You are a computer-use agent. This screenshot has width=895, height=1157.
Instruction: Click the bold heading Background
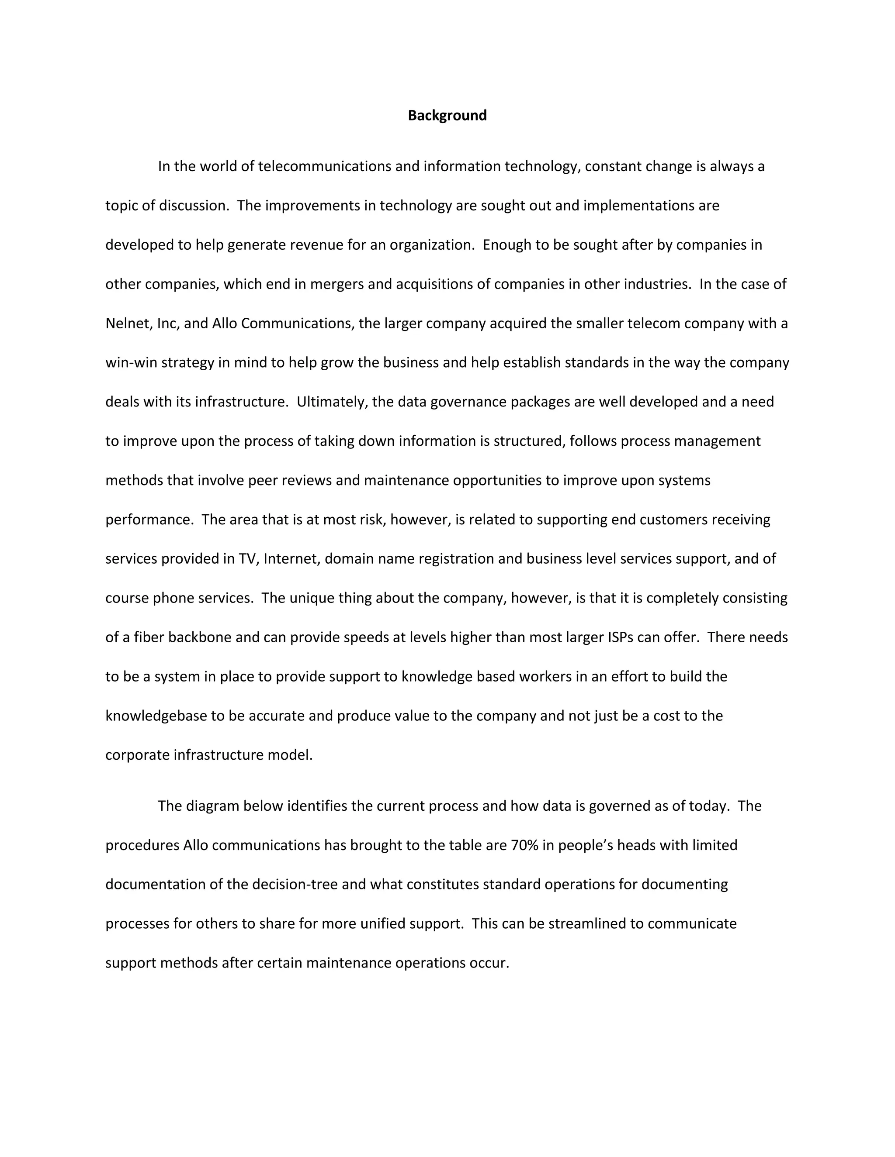tap(447, 116)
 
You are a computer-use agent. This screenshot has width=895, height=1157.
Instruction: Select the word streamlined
tap(587, 923)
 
